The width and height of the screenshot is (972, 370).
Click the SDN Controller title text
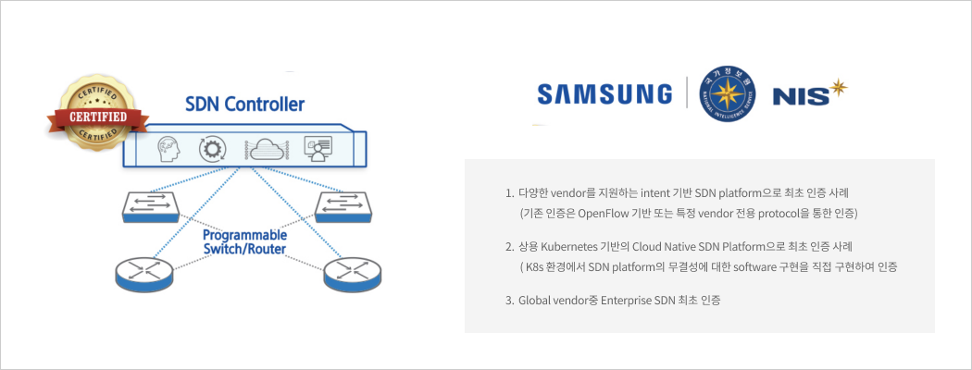[x=244, y=105]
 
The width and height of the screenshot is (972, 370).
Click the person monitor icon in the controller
[x=317, y=148]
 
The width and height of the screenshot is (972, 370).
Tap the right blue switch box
[x=343, y=207]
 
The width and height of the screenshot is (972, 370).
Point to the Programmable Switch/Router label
[x=245, y=243]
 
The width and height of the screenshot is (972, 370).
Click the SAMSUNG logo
[x=604, y=93]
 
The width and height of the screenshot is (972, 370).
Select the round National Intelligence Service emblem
[x=727, y=93]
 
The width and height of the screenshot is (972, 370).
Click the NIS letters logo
[x=799, y=96]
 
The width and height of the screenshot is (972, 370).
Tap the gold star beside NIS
[x=839, y=88]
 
